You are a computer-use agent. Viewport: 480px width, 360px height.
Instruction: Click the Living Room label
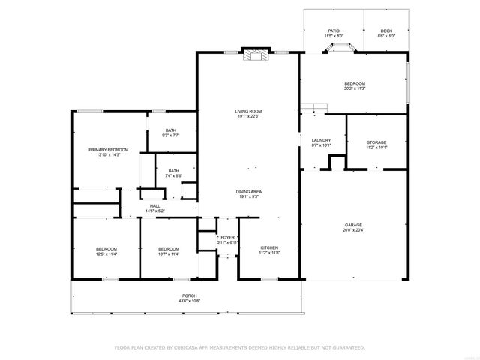pyautogui.click(x=249, y=111)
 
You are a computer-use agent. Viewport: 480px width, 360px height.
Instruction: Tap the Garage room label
pyautogui.click(x=354, y=226)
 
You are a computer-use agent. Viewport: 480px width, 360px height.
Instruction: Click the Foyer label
pyautogui.click(x=227, y=238)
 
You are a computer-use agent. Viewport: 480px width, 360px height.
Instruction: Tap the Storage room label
pyautogui.click(x=376, y=142)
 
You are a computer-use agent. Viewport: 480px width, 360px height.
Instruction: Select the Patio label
pyautogui.click(x=333, y=31)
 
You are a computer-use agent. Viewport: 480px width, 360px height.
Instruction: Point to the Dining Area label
pyautogui.click(x=249, y=192)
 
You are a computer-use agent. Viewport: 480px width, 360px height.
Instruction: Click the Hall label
pyautogui.click(x=154, y=206)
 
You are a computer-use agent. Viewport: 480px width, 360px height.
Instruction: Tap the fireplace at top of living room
pyautogui.click(x=255, y=53)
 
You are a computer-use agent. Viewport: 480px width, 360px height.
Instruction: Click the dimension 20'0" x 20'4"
pyautogui.click(x=354, y=231)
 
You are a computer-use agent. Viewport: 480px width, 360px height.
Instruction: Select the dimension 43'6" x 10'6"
pyautogui.click(x=189, y=301)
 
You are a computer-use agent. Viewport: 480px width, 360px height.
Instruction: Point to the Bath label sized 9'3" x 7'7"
pyautogui.click(x=171, y=130)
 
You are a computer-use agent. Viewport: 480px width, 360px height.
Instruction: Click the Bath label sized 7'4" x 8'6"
pyautogui.click(x=173, y=170)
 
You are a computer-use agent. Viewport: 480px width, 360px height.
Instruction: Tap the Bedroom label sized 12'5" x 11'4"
pyautogui.click(x=105, y=249)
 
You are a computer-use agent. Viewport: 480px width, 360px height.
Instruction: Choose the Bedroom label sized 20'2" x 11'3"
pyautogui.click(x=354, y=83)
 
